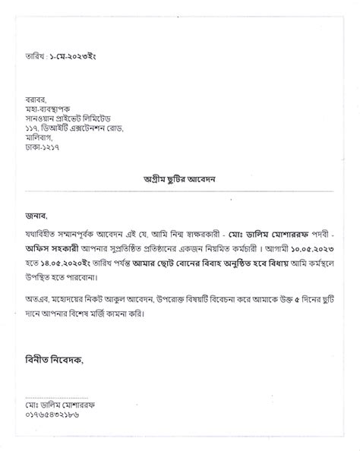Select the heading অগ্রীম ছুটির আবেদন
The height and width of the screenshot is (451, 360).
click(x=180, y=178)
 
